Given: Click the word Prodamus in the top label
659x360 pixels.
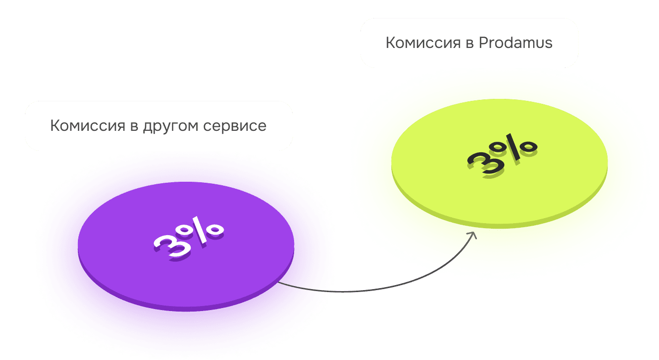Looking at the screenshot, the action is click(x=515, y=43).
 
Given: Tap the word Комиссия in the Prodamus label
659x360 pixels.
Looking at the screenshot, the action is click(x=423, y=43).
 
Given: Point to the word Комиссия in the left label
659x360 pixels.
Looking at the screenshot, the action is click(x=87, y=125).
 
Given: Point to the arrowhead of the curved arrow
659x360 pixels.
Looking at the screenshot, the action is click(x=473, y=235).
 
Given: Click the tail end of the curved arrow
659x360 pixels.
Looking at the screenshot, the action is click(x=279, y=283).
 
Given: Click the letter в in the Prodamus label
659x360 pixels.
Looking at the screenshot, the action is click(x=468, y=43).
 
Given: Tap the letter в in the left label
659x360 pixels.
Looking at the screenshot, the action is click(x=133, y=126).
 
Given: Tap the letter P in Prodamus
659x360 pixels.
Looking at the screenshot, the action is click(x=482, y=43).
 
